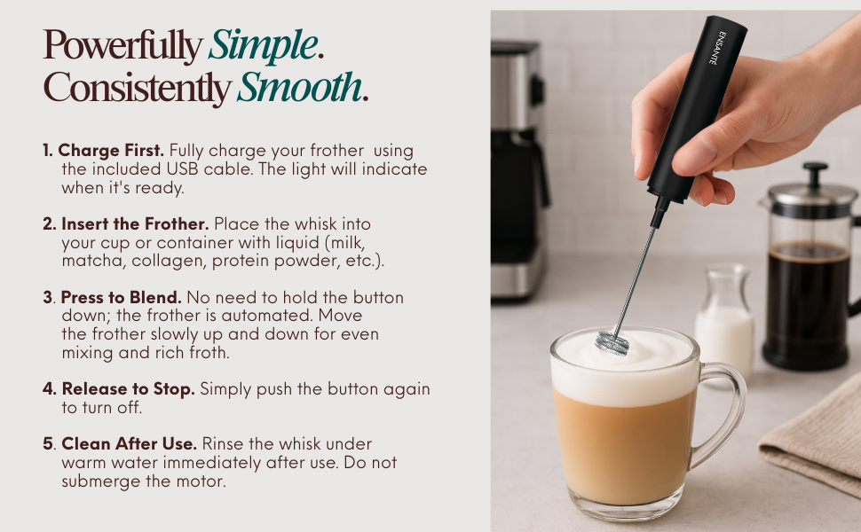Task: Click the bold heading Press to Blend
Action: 120,297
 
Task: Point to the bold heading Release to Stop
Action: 128,389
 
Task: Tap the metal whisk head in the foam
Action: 612,340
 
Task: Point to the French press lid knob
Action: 814,170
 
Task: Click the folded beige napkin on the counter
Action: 812,434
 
